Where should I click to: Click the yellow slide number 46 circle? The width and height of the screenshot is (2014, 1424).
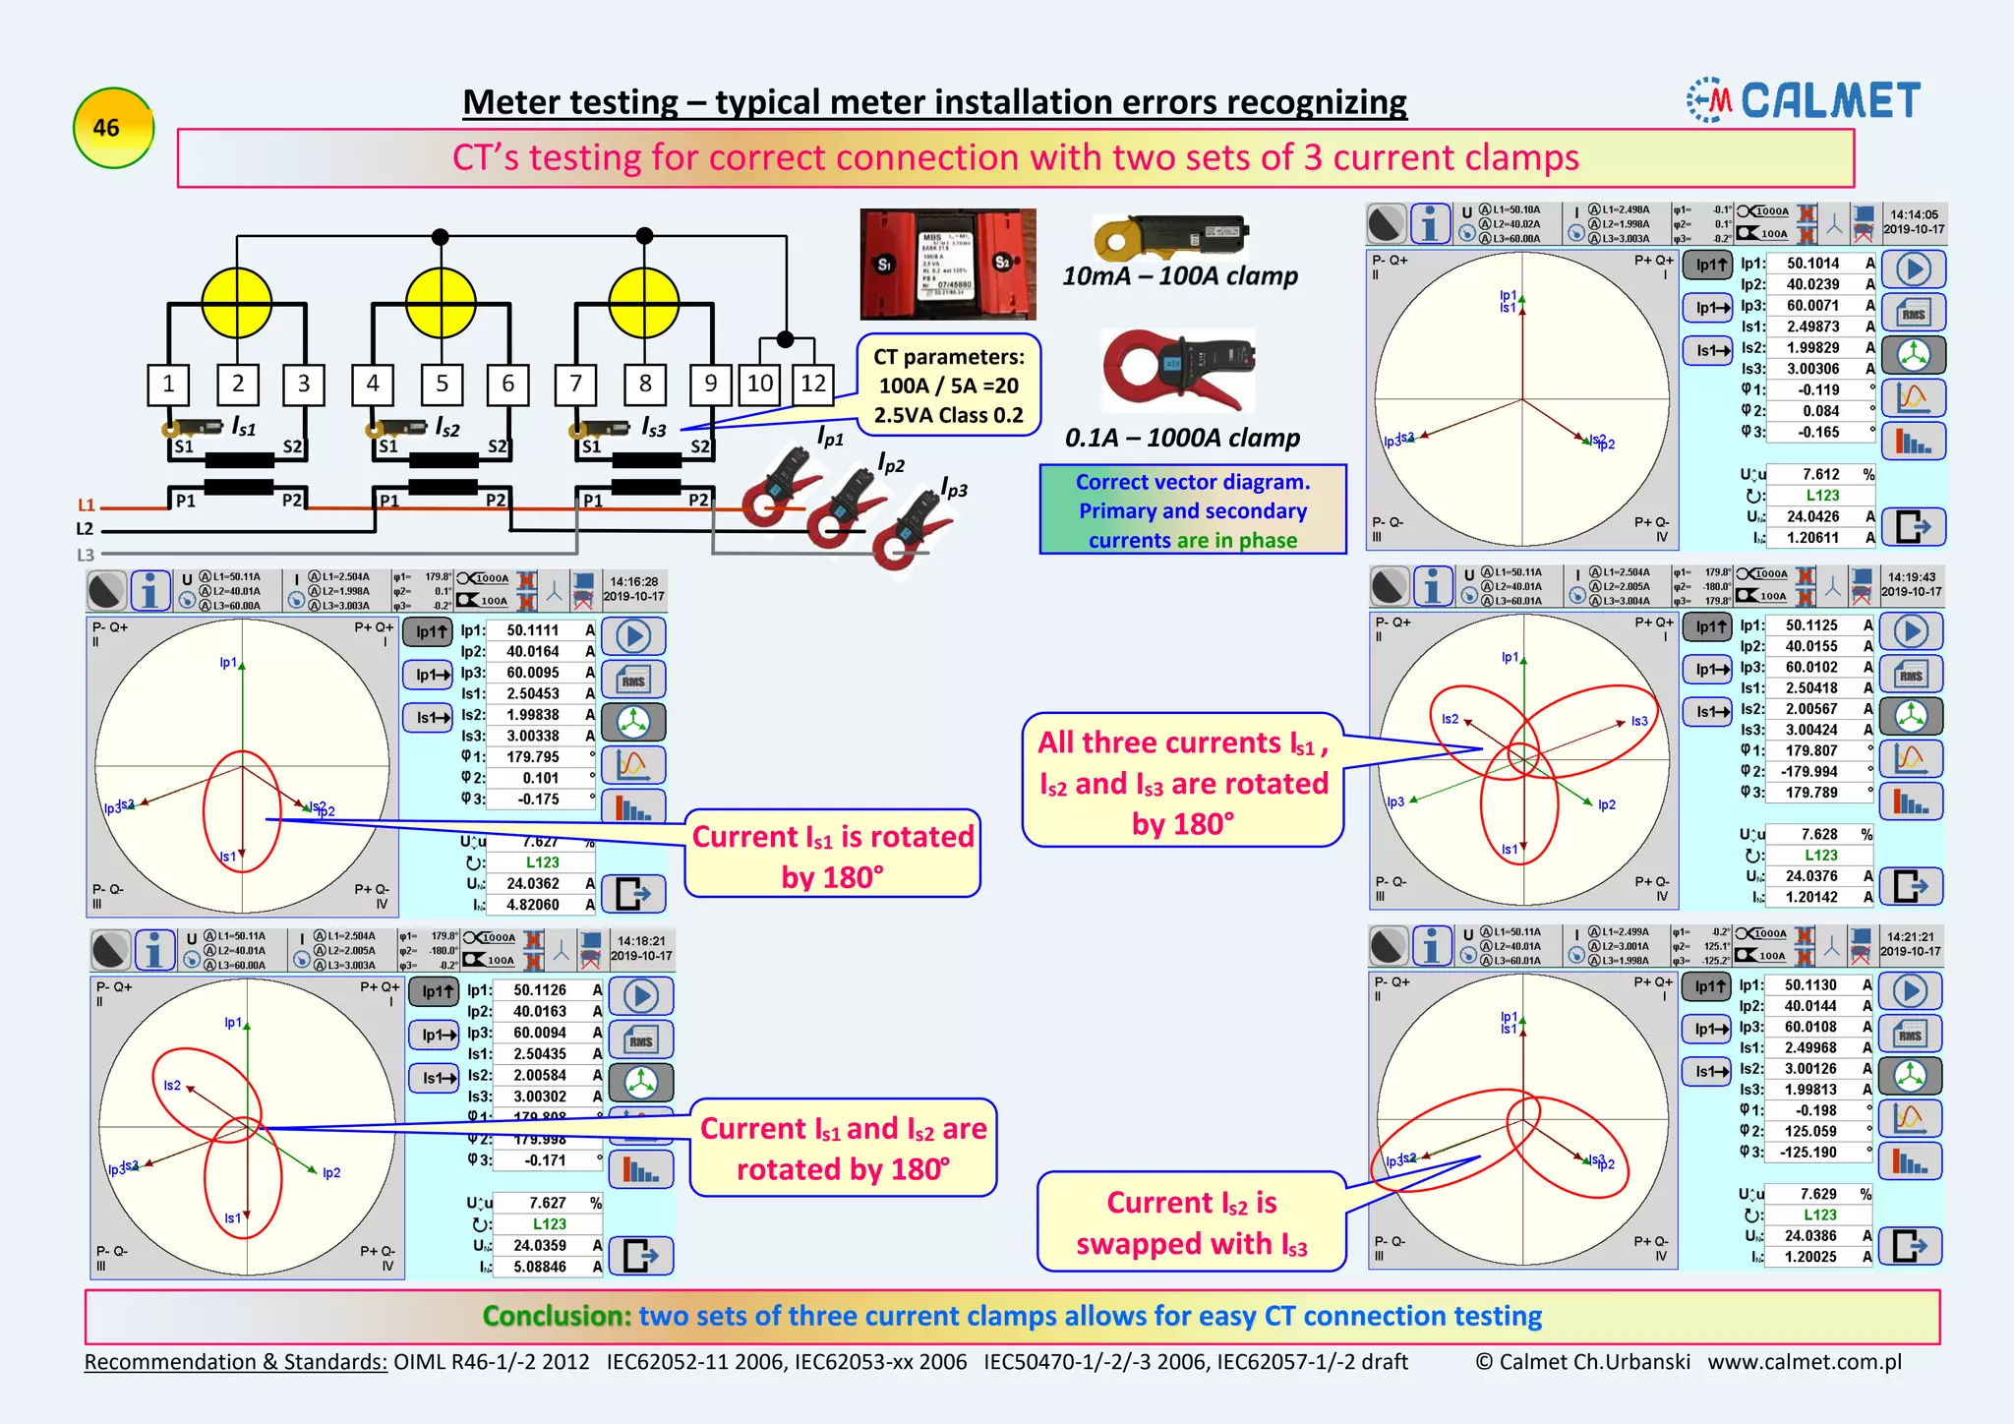coord(113,128)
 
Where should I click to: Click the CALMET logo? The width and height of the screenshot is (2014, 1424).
coord(1805,100)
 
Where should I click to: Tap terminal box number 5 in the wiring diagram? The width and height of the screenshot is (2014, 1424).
coord(442,384)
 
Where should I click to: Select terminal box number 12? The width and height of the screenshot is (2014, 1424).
coord(813,384)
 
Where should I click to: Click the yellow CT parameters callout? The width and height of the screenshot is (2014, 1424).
coord(948,386)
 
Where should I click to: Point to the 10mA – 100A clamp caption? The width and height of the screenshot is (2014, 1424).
coord(1179,276)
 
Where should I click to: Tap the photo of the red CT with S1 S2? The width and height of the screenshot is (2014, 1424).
coord(947,264)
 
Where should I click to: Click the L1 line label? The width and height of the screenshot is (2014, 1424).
coord(87,505)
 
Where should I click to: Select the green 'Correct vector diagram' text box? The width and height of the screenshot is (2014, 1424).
coord(1192,510)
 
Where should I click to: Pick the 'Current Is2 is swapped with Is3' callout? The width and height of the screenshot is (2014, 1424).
coord(1191,1222)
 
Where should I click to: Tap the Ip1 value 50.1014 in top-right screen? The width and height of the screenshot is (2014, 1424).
coord(1812,264)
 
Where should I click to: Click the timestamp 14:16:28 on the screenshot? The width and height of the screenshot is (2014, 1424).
coord(633,581)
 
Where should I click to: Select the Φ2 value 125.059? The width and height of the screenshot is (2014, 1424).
coord(1807,1131)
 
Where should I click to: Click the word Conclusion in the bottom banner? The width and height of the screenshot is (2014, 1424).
coord(556,1316)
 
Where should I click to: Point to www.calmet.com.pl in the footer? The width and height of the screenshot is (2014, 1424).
coord(1804,1362)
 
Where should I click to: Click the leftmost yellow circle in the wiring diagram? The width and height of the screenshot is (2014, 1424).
coord(237,303)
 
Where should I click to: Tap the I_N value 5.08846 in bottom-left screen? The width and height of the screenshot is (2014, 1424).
coord(539,1267)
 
